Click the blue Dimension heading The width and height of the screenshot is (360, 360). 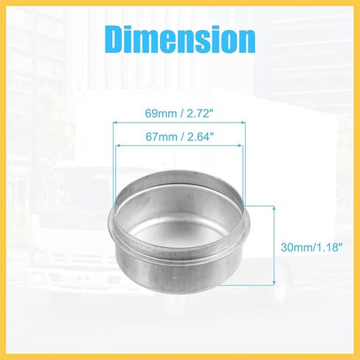point(181,39)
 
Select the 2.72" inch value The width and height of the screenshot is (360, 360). point(199,114)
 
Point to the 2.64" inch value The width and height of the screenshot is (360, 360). point(199,136)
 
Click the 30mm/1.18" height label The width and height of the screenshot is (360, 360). point(311,247)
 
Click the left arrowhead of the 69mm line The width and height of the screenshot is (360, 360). point(115,122)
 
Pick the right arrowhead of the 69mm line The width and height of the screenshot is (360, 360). point(243,122)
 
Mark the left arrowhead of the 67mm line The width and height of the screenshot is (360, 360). point(117,145)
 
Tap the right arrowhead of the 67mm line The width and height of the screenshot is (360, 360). point(240,145)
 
